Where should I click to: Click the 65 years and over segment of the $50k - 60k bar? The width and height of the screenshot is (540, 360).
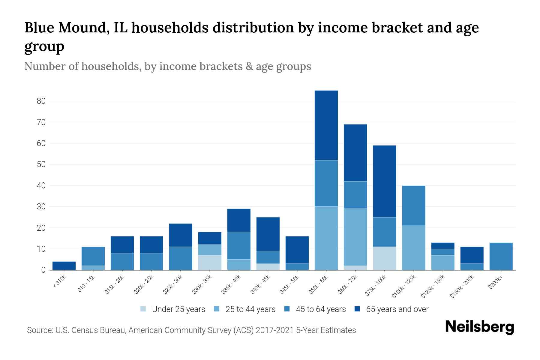(x=326, y=125)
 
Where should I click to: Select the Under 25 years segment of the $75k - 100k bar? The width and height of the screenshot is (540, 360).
(x=384, y=258)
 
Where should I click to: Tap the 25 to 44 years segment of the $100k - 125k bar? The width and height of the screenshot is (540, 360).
(x=413, y=248)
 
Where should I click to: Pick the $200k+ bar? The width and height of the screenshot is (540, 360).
(x=501, y=256)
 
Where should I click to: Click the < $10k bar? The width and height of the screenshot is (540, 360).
(x=64, y=266)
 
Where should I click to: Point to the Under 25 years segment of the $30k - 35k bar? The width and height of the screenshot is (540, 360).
(x=210, y=262)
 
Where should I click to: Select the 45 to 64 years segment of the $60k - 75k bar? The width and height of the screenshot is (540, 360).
(x=355, y=195)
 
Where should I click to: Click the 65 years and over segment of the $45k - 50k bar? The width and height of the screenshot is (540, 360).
(x=297, y=250)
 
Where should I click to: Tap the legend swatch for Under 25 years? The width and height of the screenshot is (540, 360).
(x=143, y=309)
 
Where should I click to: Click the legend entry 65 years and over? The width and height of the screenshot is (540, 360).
(x=397, y=309)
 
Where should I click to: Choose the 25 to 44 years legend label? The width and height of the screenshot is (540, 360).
(x=250, y=309)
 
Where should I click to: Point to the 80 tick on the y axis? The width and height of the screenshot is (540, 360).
(x=41, y=101)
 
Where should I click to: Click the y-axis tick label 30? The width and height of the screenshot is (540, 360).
(x=41, y=207)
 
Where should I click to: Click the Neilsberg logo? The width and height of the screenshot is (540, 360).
(x=479, y=327)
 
